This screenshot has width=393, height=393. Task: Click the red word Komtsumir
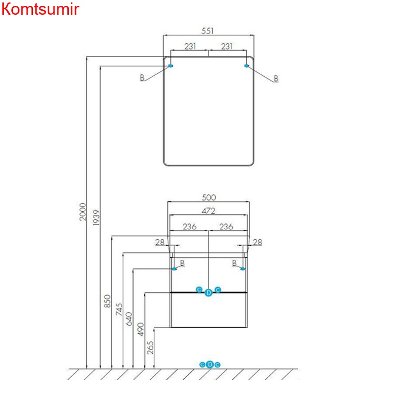pos(40,9)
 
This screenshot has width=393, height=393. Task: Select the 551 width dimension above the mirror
pos(208,30)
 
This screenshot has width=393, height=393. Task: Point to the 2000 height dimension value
pos(83,211)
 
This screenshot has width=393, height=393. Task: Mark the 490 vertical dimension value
pos(140,329)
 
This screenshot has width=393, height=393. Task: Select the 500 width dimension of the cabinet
pos(209,197)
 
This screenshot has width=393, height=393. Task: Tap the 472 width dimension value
pos(209,210)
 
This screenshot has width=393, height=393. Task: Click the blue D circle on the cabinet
pos(208,292)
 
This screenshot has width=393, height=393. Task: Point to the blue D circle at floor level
pos(210,364)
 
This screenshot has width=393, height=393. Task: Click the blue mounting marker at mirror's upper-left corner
pos(170,66)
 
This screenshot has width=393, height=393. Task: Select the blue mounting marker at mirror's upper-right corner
pos(246,66)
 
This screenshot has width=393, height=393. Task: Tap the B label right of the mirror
pos(276,79)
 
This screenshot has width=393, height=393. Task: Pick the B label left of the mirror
pos(142,78)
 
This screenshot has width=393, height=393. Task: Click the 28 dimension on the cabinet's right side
pos(258,242)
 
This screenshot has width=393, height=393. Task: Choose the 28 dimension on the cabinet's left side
pos(159,242)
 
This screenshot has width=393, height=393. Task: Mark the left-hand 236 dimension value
pos(190,226)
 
